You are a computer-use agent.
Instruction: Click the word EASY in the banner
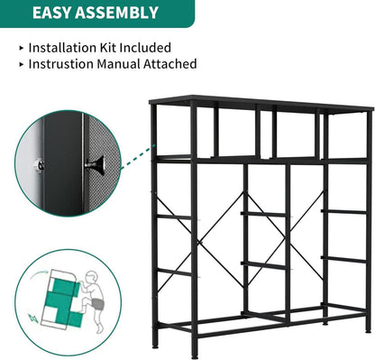51,13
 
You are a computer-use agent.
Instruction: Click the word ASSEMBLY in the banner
116,13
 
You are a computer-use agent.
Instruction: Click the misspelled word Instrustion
61,64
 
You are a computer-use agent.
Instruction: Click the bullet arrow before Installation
22,48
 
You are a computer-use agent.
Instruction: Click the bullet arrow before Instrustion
22,64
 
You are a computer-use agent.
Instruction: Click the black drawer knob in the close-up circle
96,165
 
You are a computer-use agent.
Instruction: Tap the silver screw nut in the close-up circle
39,165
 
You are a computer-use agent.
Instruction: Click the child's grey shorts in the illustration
97,304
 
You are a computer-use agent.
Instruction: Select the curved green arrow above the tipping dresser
38,274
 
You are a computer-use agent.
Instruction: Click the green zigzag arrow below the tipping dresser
33,318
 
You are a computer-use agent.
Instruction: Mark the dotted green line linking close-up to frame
138,158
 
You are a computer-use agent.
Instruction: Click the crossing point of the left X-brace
201,242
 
